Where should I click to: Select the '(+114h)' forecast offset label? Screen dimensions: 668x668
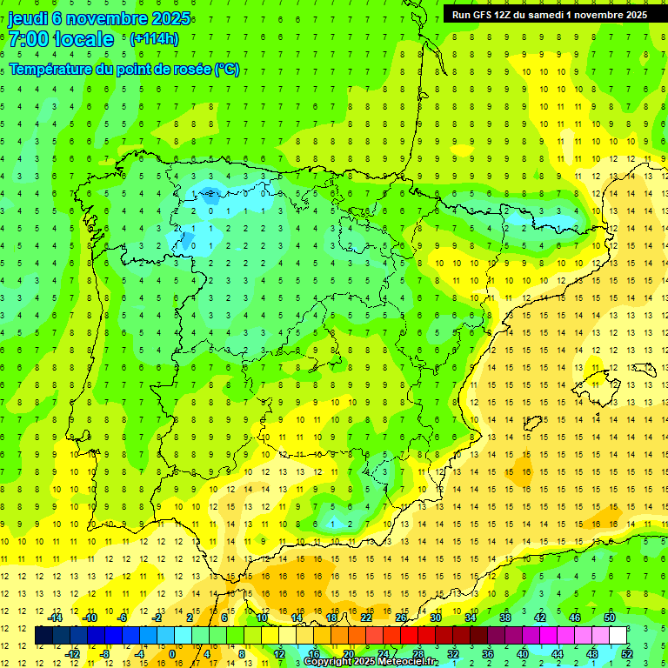click(x=154, y=38)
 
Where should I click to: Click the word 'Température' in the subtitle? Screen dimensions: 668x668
click(x=51, y=70)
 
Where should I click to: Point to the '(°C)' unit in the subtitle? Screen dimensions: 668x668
click(x=227, y=70)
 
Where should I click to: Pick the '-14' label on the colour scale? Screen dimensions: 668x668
click(x=56, y=618)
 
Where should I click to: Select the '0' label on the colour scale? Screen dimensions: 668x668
click(x=172, y=654)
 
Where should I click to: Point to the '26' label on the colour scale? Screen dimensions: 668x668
click(x=401, y=618)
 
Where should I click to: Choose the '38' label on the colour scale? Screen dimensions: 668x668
click(x=504, y=618)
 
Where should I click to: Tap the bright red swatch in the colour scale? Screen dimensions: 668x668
click(x=410, y=636)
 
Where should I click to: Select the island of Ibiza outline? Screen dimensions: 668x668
click(x=533, y=423)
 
